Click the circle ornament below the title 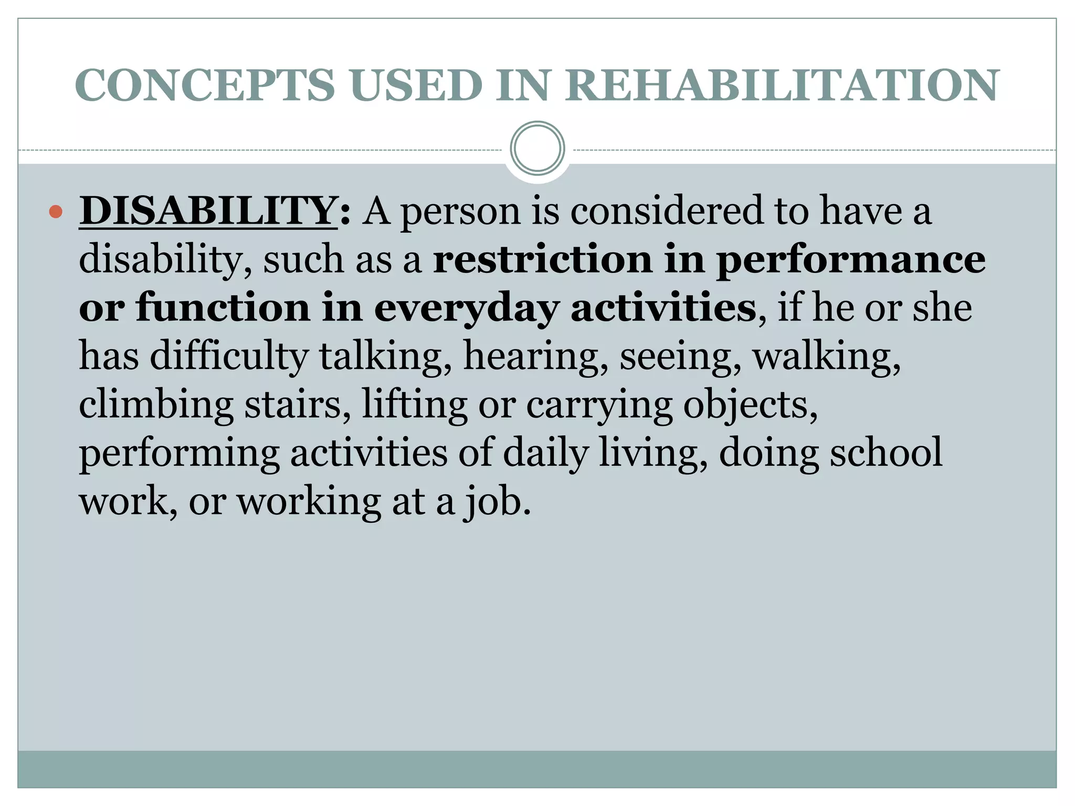537,149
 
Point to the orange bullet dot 55,212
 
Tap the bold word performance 851,261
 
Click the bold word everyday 466,309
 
